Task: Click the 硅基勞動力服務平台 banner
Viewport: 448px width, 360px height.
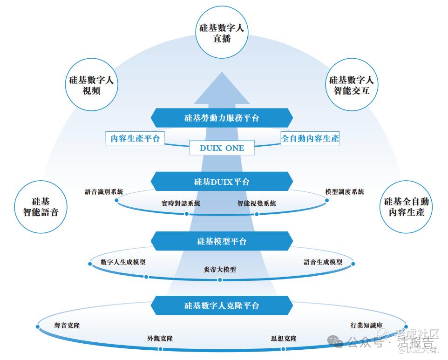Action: [222, 118]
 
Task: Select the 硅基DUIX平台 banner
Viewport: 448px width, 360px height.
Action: [222, 182]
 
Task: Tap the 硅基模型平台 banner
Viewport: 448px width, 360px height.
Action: [222, 241]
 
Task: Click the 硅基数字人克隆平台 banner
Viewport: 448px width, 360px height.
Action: [222, 306]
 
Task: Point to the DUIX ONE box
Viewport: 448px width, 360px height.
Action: [222, 148]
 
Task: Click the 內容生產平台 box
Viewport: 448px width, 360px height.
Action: [135, 138]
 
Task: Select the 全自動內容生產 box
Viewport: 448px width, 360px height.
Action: [310, 138]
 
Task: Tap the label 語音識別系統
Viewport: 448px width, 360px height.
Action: [104, 191]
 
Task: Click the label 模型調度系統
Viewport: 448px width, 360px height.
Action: [345, 191]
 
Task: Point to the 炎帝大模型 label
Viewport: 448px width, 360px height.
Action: [220, 270]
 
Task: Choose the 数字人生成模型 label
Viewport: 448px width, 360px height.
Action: [123, 262]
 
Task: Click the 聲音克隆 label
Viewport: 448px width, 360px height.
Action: [67, 326]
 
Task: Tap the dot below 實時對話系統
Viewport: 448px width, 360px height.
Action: [187, 214]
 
